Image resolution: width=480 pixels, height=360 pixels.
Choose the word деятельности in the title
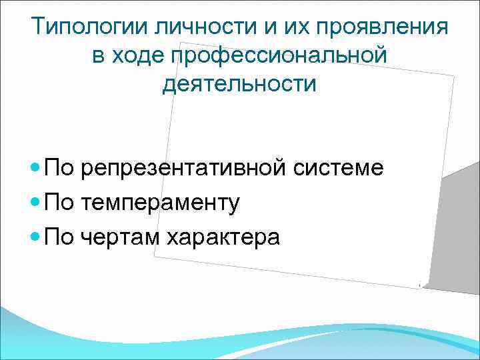[239, 85]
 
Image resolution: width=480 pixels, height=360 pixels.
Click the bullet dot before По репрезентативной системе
[35, 168]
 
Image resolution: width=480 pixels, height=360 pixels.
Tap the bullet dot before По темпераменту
[35, 203]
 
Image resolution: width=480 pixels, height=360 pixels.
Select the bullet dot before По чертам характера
[35, 237]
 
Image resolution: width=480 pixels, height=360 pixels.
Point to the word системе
[341, 168]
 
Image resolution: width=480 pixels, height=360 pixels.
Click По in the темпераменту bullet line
[60, 203]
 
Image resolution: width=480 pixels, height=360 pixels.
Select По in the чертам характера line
[60, 237]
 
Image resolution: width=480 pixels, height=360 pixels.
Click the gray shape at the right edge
[457, 227]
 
